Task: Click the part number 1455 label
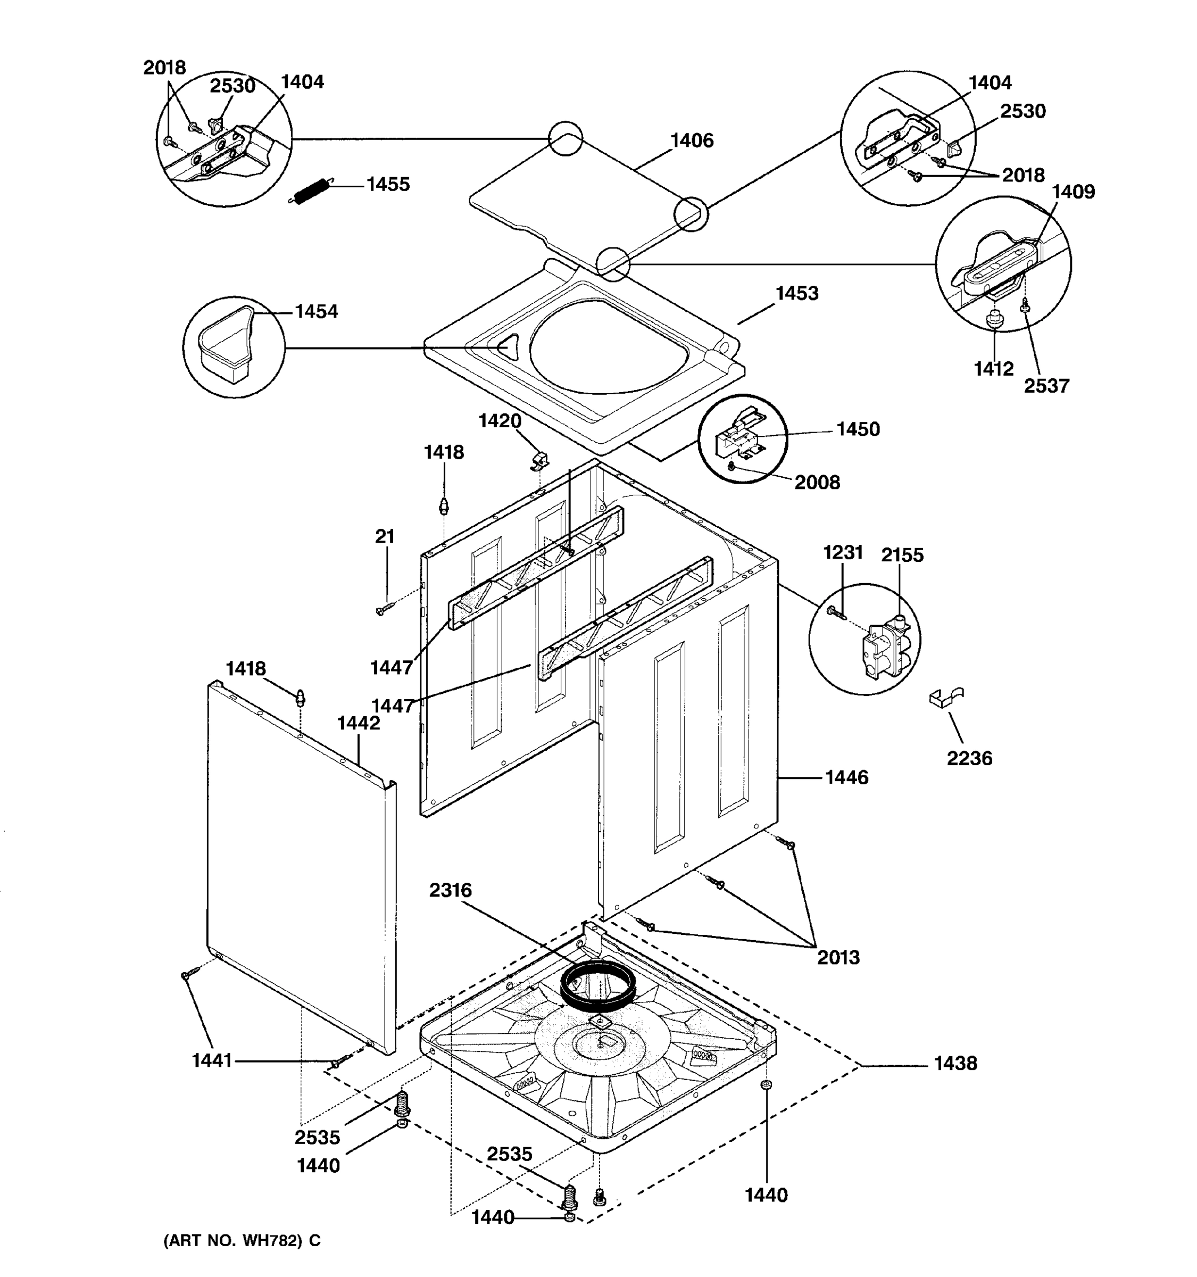[x=388, y=184]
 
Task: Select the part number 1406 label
[x=692, y=140]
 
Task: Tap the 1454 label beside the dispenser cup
[x=316, y=312]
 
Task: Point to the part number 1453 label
[x=797, y=294]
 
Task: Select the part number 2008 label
[x=817, y=483]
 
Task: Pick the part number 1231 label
[x=843, y=552]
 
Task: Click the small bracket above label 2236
[x=945, y=696]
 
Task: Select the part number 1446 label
[x=846, y=778]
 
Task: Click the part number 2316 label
[x=450, y=890]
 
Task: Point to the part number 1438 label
[x=955, y=1064]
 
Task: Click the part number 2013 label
[x=838, y=958]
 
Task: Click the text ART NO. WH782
[x=242, y=1240]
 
